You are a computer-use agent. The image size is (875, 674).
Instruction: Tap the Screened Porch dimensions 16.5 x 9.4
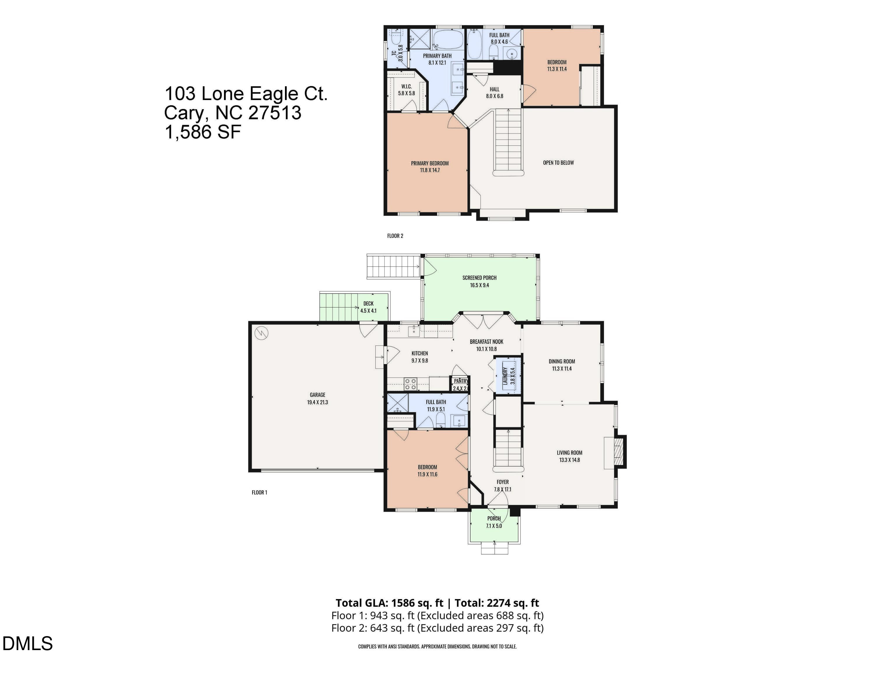(x=479, y=285)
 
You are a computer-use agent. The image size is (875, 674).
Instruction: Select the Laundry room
(x=508, y=376)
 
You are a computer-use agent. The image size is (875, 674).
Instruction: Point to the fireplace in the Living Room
(x=615, y=452)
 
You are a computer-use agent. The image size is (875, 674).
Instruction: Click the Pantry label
(x=460, y=381)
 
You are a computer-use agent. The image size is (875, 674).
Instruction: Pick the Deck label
(x=368, y=303)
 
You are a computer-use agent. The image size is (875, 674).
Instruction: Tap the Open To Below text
(x=558, y=163)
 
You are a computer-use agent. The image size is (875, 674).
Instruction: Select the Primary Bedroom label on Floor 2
(x=430, y=163)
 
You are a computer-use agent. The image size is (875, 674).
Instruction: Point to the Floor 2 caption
(x=395, y=236)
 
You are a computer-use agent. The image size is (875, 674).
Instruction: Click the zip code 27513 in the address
(x=275, y=113)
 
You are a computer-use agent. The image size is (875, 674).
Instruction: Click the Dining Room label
(x=562, y=361)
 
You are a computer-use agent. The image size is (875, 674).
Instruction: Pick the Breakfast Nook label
(x=487, y=342)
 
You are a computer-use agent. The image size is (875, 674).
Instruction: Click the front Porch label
(x=494, y=518)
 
